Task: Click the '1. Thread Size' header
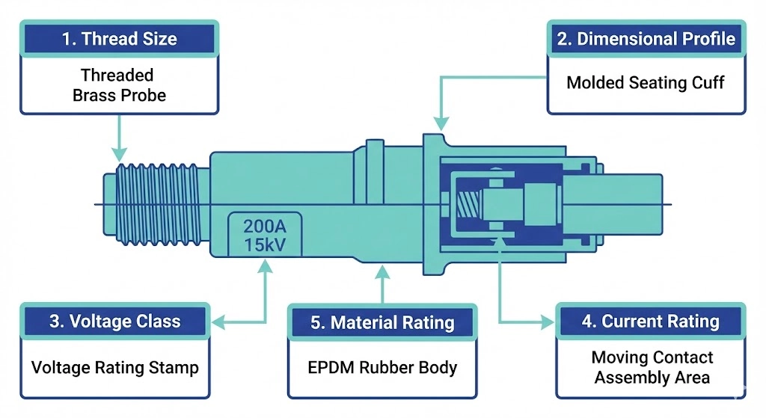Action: (x=120, y=39)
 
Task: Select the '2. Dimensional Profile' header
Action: (x=646, y=39)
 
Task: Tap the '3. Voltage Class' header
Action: (x=115, y=322)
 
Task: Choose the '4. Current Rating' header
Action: (x=650, y=322)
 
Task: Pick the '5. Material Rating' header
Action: (x=382, y=323)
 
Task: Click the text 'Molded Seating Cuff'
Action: (x=646, y=82)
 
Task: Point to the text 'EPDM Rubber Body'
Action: (x=382, y=368)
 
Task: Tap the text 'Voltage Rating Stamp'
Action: (x=115, y=368)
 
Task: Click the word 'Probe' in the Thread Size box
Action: (x=142, y=95)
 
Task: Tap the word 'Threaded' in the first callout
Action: (x=117, y=75)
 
